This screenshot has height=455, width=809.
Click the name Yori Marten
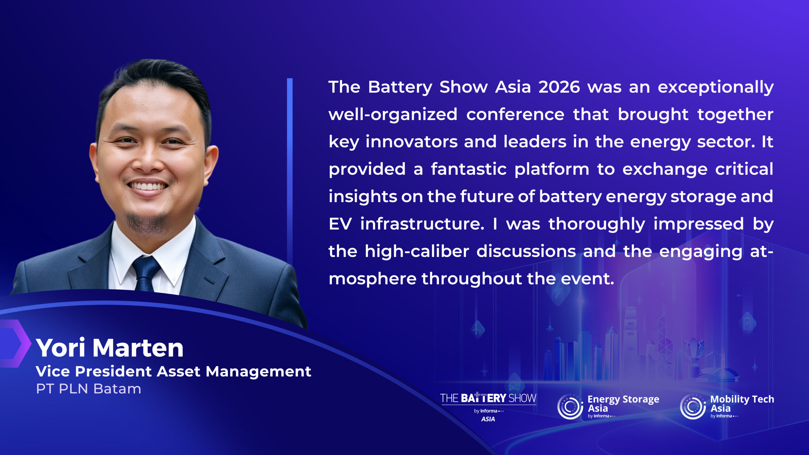pos(110,348)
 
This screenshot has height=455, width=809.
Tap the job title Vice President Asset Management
pos(173,372)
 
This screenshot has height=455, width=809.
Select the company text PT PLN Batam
pos(88,389)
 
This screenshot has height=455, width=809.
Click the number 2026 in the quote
pos(559,87)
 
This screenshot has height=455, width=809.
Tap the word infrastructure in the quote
pos(422,224)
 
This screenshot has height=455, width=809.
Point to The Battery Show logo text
pos(488,398)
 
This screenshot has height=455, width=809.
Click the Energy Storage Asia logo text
pos(623,404)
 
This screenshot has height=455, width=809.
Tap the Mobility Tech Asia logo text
pos(742,404)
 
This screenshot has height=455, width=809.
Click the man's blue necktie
pos(146,273)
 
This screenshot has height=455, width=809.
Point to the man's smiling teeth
pos(148,186)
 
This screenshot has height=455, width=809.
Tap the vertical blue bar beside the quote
pos(290,171)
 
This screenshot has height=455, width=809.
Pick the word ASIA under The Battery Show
pos(488,419)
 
